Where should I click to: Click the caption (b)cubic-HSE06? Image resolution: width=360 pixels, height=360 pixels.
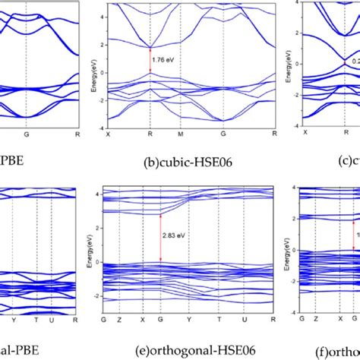[173, 162]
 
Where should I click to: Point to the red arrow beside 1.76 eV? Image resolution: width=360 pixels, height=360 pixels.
[150, 58]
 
